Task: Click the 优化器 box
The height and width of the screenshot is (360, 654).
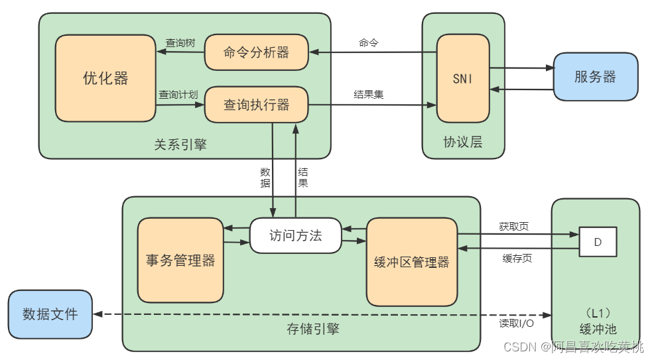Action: click(x=105, y=78)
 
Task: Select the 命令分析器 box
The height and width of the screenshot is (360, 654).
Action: click(x=256, y=53)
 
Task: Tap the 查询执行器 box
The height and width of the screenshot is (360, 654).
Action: click(x=256, y=105)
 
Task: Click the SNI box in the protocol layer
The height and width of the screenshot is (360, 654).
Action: click(x=463, y=78)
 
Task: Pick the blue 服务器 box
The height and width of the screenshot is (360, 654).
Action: click(x=595, y=77)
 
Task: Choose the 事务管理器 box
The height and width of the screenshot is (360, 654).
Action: click(x=180, y=260)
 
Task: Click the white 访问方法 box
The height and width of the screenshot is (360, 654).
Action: click(x=295, y=235)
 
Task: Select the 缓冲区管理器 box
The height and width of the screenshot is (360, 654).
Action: click(x=412, y=262)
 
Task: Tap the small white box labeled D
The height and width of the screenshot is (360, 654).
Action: click(x=598, y=242)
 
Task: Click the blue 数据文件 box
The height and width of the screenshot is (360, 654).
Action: click(x=50, y=314)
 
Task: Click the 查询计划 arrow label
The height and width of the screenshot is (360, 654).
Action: click(x=178, y=95)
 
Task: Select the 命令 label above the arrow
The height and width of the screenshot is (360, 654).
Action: click(x=369, y=43)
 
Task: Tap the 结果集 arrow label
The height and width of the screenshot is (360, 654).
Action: click(x=369, y=95)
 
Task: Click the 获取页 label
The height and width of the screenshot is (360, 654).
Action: click(x=514, y=226)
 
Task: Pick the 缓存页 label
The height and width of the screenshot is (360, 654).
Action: click(x=517, y=259)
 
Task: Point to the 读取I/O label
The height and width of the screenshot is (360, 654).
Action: click(x=517, y=324)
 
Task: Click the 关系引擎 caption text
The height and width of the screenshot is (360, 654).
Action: click(x=180, y=145)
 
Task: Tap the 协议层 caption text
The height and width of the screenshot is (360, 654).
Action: click(x=463, y=142)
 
